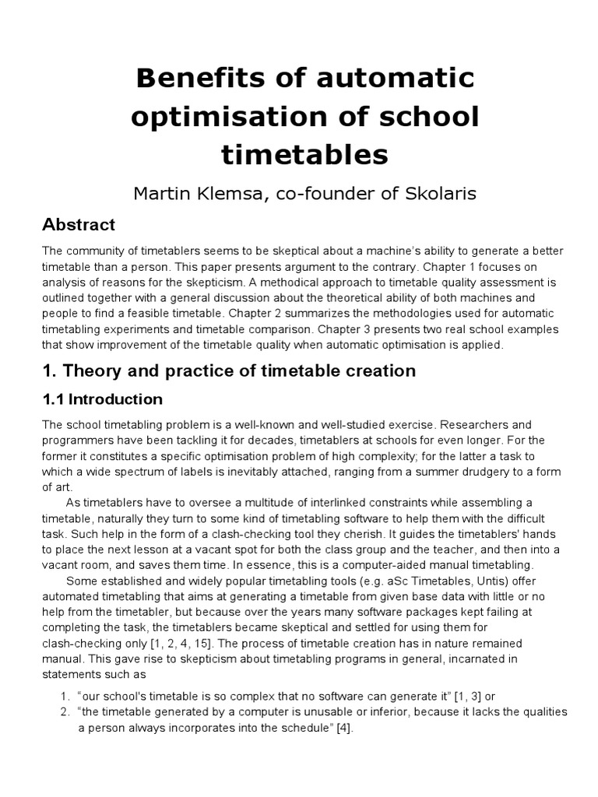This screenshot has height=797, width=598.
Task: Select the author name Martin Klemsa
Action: click(195, 193)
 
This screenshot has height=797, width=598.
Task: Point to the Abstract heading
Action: click(78, 226)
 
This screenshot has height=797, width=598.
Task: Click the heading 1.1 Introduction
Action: click(102, 399)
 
